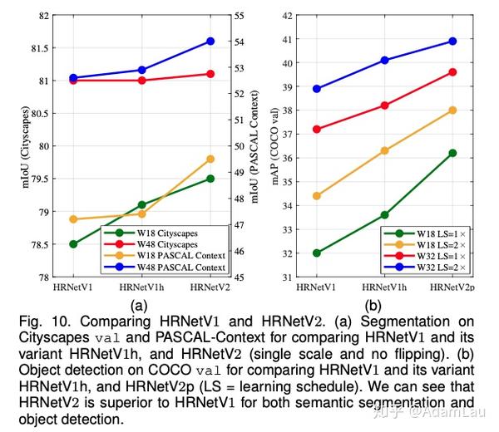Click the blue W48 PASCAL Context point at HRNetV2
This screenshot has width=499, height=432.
(210, 41)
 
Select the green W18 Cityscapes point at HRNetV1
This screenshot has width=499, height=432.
(73, 244)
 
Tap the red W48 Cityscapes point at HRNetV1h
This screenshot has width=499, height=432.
(141, 81)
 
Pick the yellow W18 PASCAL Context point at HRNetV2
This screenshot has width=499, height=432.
(210, 159)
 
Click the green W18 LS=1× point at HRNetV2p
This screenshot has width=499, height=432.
(452, 153)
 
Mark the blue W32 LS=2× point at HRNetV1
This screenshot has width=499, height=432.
(317, 89)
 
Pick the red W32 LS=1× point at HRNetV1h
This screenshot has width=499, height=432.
(384, 106)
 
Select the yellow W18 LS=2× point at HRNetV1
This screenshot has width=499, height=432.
(317, 196)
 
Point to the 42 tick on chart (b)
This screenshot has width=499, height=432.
(288, 15)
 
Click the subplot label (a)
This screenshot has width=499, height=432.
(140, 304)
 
